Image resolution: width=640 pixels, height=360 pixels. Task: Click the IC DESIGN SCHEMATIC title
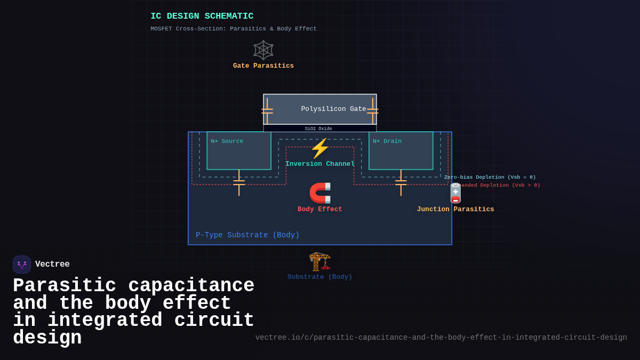(x=202, y=17)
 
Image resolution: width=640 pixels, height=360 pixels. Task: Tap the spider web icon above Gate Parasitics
(x=263, y=50)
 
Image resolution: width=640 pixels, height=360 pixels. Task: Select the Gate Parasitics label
(x=263, y=66)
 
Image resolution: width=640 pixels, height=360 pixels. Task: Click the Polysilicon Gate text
(x=333, y=109)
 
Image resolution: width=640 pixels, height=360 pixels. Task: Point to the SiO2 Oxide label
(x=318, y=129)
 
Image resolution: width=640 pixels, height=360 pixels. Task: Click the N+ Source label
(x=227, y=141)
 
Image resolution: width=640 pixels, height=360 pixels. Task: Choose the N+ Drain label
(x=387, y=141)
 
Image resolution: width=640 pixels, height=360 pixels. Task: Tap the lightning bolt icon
(x=320, y=148)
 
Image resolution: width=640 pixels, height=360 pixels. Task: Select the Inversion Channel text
(x=320, y=164)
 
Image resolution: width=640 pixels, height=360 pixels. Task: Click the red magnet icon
(x=320, y=193)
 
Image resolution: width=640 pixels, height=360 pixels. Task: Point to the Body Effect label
(x=320, y=210)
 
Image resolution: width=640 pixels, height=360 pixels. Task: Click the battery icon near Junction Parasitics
(x=455, y=193)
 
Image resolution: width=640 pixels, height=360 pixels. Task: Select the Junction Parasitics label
(x=455, y=210)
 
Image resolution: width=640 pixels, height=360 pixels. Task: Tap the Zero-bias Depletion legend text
(x=490, y=177)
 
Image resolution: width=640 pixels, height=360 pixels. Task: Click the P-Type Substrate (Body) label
(x=247, y=235)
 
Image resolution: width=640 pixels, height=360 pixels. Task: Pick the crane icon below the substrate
(x=320, y=261)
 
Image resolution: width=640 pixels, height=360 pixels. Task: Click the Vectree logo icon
(x=22, y=265)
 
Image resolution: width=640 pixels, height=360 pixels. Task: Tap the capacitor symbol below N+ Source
(x=239, y=182)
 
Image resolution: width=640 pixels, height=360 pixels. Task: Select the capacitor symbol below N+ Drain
(x=401, y=182)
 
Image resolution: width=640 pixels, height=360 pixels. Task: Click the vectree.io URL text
(x=441, y=338)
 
